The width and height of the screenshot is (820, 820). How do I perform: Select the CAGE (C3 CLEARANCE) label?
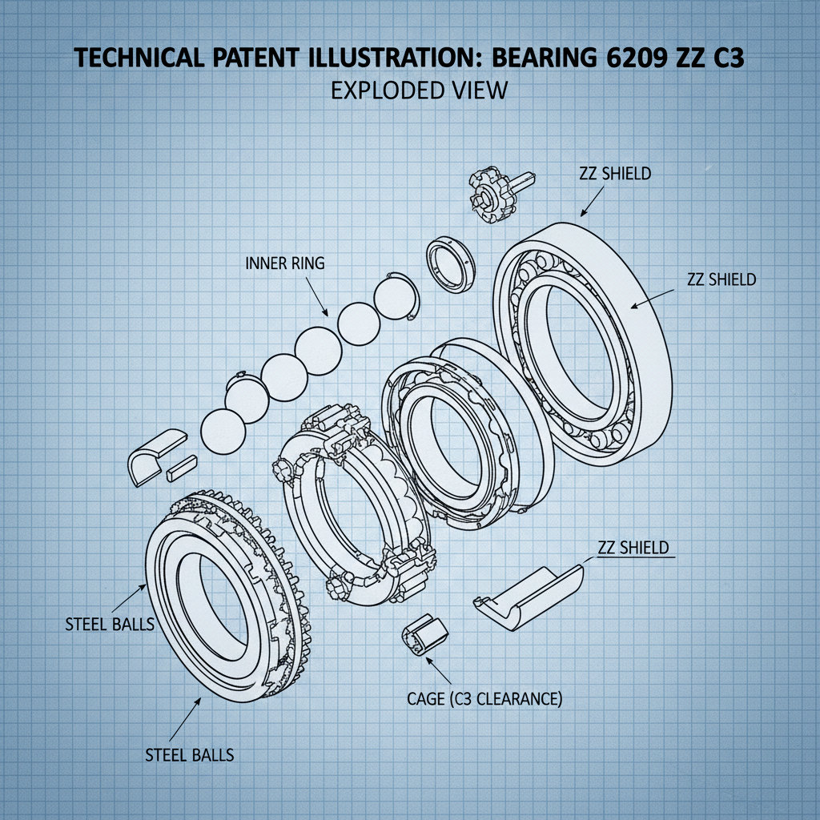pos(484,698)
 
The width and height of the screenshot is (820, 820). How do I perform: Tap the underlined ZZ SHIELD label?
pos(633,549)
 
